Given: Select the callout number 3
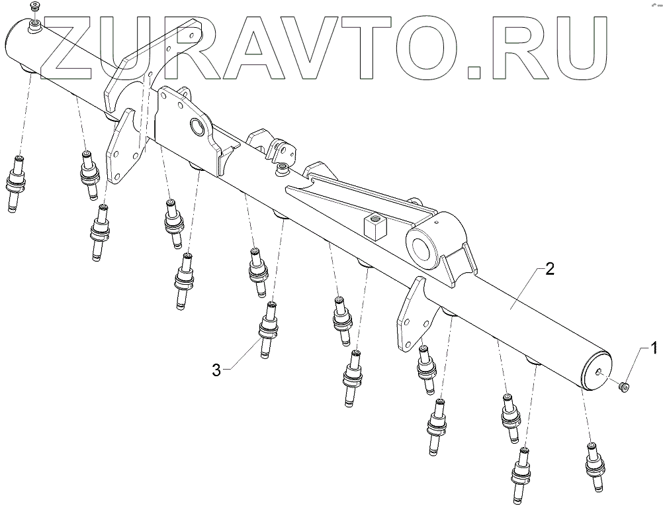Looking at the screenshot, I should [x=216, y=370].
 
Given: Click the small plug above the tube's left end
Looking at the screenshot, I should [x=36, y=7].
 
